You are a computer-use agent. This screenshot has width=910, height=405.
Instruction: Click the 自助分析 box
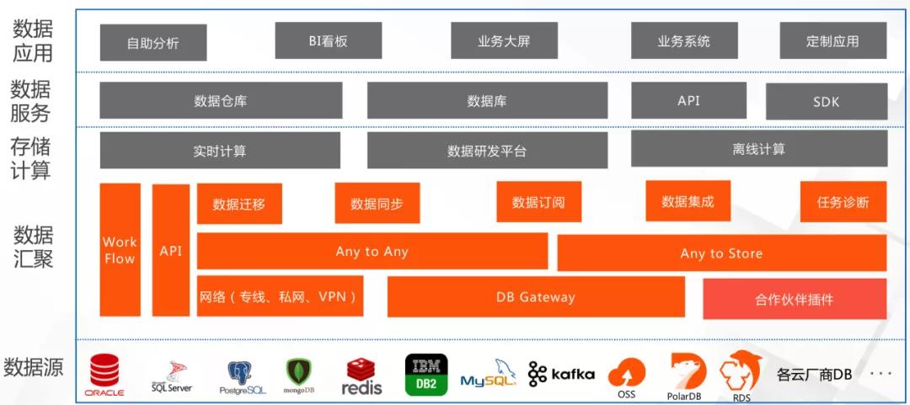[x=153, y=43]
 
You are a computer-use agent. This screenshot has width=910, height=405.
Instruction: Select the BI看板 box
[x=329, y=40]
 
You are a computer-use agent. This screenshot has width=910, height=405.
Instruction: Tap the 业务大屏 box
[x=504, y=40]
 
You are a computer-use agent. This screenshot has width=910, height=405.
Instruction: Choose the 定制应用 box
[x=832, y=40]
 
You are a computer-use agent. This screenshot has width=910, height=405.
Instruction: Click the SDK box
[x=826, y=102]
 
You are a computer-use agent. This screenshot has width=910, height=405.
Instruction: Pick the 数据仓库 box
[x=221, y=101]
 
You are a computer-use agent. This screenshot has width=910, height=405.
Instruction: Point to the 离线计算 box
[x=758, y=149]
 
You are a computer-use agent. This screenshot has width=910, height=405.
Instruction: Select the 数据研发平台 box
[x=487, y=151]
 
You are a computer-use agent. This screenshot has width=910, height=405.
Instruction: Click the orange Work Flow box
[x=120, y=250]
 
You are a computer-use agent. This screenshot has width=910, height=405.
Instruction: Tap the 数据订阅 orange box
[x=538, y=202]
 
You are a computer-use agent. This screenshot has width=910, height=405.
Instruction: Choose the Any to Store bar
[x=721, y=253]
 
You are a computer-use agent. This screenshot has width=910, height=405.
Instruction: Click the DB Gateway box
[x=536, y=296]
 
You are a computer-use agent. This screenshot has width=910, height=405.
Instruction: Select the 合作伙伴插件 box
[x=794, y=299]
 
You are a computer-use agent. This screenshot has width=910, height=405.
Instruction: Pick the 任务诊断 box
[x=843, y=202]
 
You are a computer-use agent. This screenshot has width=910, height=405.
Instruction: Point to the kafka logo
[x=561, y=374]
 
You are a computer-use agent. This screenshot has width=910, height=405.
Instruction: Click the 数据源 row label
[x=34, y=367]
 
